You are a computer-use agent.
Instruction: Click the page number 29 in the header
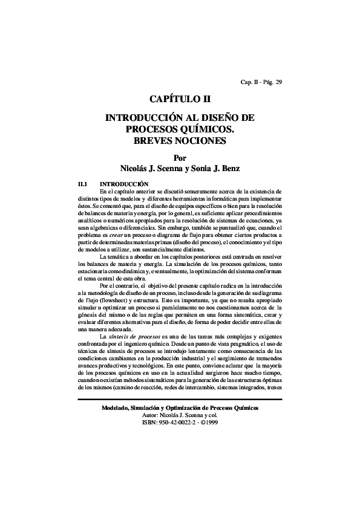pyautogui.click(x=278, y=83)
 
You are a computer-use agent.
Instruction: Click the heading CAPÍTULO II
pyautogui.click(x=180, y=99)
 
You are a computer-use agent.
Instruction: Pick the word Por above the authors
pyautogui.click(x=180, y=157)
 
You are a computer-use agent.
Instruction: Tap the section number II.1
pyautogui.click(x=84, y=183)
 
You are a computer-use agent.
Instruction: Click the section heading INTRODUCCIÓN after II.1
pyautogui.click(x=124, y=183)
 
